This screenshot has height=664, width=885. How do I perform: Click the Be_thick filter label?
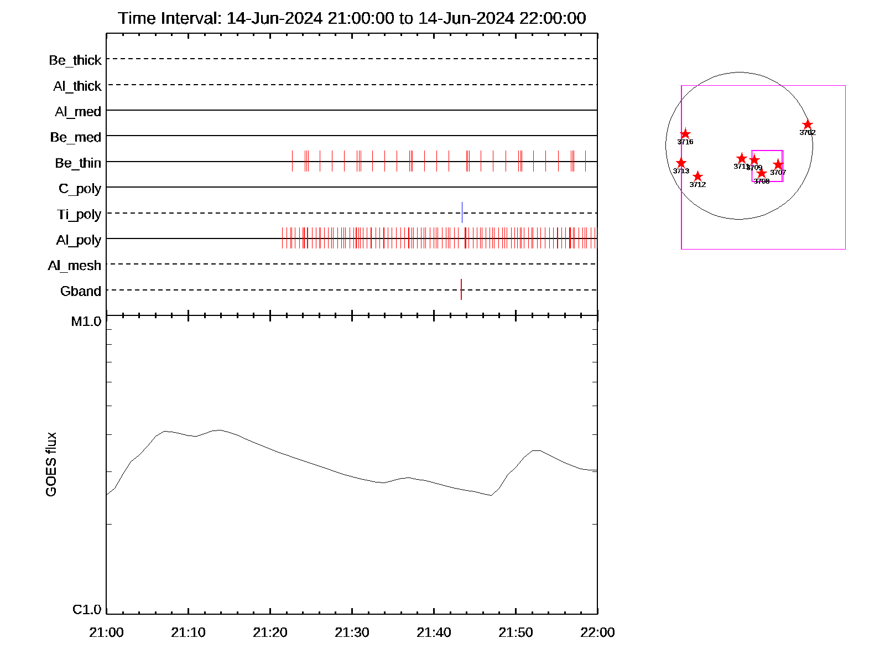pyautogui.click(x=75, y=60)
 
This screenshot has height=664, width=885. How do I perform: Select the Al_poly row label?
pyautogui.click(x=79, y=240)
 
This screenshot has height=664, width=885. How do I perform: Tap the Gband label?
pyautogui.click(x=81, y=291)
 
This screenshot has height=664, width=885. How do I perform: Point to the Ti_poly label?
pyautogui.click(x=79, y=214)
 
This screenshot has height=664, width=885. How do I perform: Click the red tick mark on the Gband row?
pyautogui.click(x=461, y=289)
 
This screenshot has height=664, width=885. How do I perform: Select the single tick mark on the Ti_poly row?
pyautogui.click(x=462, y=212)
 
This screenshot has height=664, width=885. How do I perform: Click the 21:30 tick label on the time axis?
pyautogui.click(x=352, y=632)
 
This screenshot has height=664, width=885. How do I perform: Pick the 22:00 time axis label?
pyautogui.click(x=597, y=632)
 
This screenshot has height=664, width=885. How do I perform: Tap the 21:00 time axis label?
pyautogui.click(x=106, y=632)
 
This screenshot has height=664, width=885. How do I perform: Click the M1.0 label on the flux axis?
pyautogui.click(x=86, y=321)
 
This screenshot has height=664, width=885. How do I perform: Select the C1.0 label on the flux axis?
pyautogui.click(x=87, y=609)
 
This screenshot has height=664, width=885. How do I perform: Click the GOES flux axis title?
pyautogui.click(x=51, y=465)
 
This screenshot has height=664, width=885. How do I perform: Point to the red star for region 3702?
pyautogui.click(x=808, y=124)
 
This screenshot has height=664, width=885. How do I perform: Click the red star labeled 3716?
pyautogui.click(x=685, y=134)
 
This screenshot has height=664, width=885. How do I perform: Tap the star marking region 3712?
pyautogui.click(x=697, y=177)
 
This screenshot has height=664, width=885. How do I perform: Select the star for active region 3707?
pyautogui.click(x=778, y=164)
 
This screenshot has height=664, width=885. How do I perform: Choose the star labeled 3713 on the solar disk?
pyautogui.click(x=681, y=163)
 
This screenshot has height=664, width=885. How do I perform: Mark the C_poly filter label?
pyautogui.click(x=80, y=189)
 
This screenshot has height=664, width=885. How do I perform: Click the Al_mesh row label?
pyautogui.click(x=75, y=266)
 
